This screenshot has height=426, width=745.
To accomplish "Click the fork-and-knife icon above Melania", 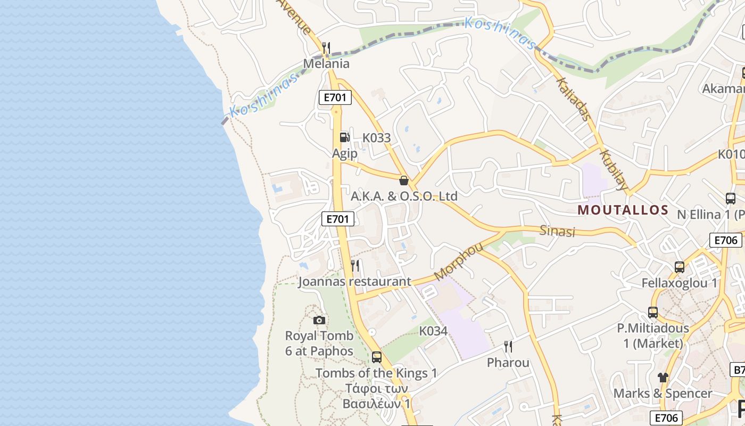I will [326, 47].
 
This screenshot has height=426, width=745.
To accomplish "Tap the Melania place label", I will [326, 64].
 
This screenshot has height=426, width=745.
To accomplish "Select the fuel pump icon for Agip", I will [344, 137].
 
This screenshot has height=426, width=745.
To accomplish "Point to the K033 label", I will [377, 138].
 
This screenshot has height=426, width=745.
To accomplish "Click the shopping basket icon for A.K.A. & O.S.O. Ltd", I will [404, 180].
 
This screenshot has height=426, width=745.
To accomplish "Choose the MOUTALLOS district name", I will [623, 210].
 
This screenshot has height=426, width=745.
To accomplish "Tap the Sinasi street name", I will [558, 231].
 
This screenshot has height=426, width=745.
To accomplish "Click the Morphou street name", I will [458, 261].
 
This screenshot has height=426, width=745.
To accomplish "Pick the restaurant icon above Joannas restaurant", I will [355, 265].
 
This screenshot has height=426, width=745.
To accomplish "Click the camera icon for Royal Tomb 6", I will [319, 320].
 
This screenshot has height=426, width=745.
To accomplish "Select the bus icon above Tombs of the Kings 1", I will [377, 357].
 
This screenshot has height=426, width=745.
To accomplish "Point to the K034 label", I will [433, 331].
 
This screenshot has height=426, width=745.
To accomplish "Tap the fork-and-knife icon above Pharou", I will [508, 347].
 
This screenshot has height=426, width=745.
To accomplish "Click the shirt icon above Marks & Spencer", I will [663, 378].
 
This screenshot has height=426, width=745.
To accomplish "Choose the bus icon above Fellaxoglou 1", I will [680, 267].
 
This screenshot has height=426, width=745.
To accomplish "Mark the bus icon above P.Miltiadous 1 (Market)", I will [653, 313].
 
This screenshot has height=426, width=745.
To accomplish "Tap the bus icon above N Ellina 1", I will [731, 199].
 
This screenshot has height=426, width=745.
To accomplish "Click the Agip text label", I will [345, 154].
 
